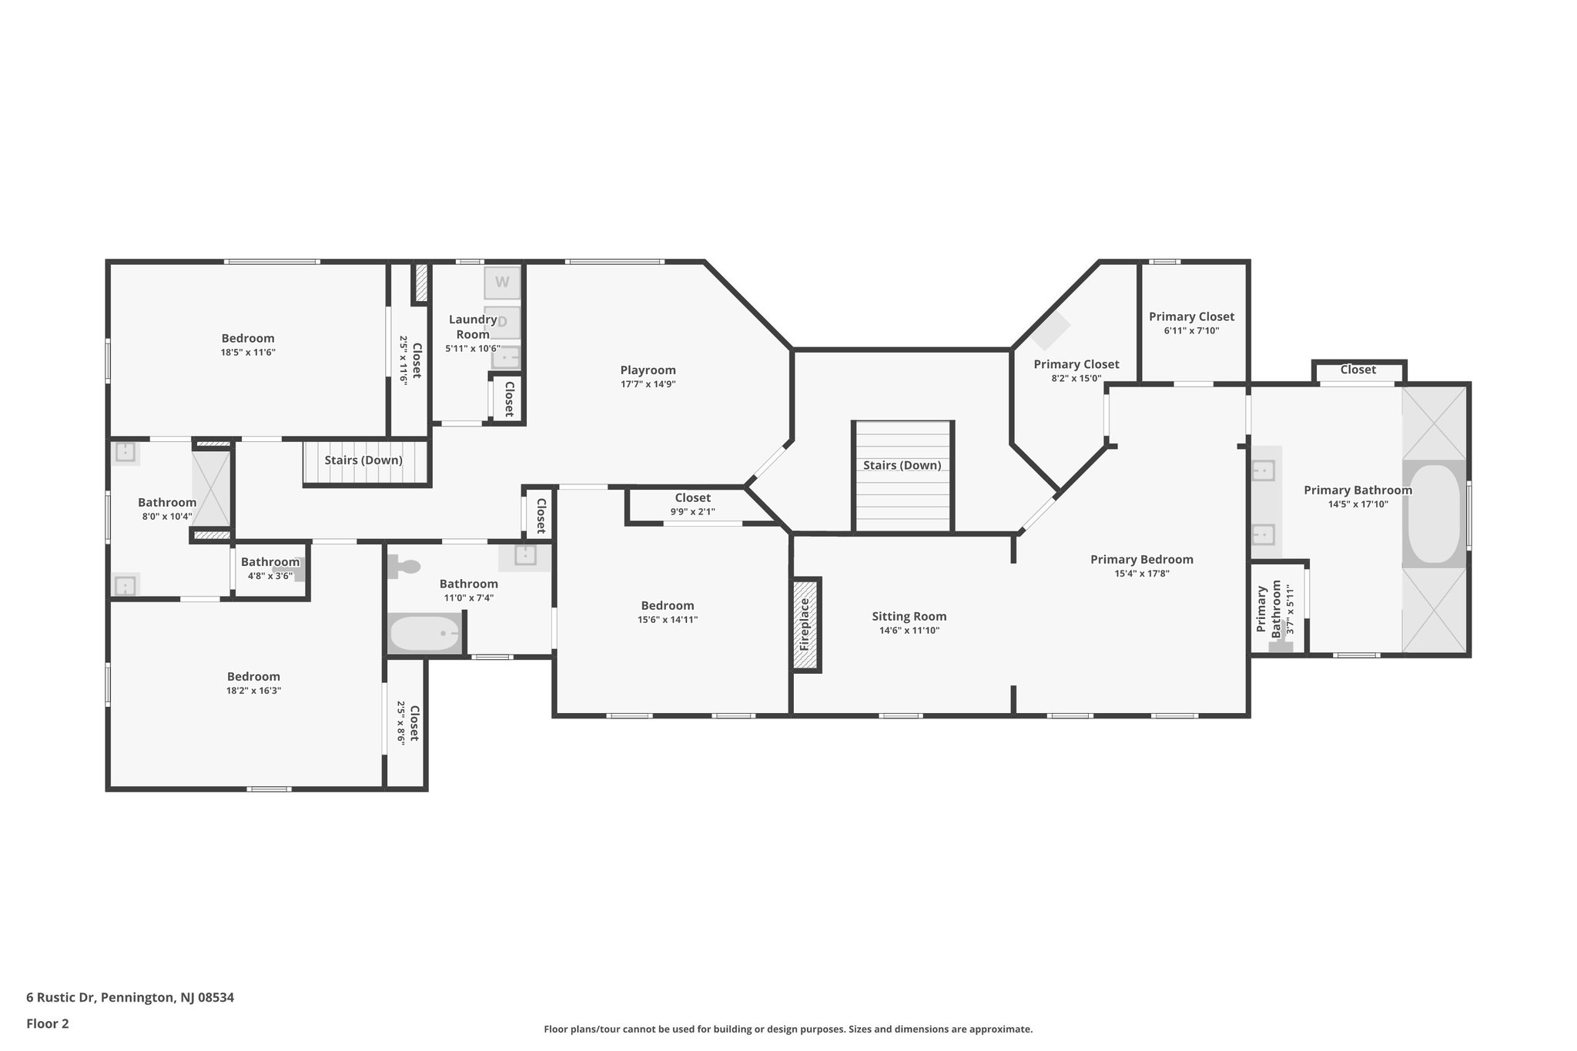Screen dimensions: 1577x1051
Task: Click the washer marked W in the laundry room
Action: (x=502, y=282)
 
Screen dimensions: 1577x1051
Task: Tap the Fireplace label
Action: (x=805, y=624)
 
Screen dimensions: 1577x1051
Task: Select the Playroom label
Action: (x=648, y=370)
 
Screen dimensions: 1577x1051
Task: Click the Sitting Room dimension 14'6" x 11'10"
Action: (x=909, y=631)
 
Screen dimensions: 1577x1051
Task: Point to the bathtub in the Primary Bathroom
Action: (x=1434, y=514)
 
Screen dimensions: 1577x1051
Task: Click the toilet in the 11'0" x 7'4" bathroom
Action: (x=403, y=567)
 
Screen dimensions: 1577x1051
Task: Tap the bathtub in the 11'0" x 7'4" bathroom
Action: (x=425, y=634)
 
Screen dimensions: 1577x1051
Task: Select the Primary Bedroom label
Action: (x=1142, y=560)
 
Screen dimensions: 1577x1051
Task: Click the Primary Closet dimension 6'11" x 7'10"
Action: (x=1192, y=331)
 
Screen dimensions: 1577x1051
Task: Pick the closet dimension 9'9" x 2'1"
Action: (x=693, y=512)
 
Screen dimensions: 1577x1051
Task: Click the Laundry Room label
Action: (x=473, y=326)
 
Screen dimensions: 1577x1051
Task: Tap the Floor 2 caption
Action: (x=48, y=1024)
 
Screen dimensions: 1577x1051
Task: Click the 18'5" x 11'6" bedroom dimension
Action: (x=248, y=353)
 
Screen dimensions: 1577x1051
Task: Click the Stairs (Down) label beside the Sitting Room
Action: (x=902, y=465)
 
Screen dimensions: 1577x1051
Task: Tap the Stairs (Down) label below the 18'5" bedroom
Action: (x=363, y=460)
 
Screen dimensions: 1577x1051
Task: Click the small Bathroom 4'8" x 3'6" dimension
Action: (x=270, y=575)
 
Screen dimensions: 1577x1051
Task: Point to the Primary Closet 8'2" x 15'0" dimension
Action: (x=1076, y=379)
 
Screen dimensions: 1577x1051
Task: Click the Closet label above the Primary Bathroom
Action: (x=1358, y=370)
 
